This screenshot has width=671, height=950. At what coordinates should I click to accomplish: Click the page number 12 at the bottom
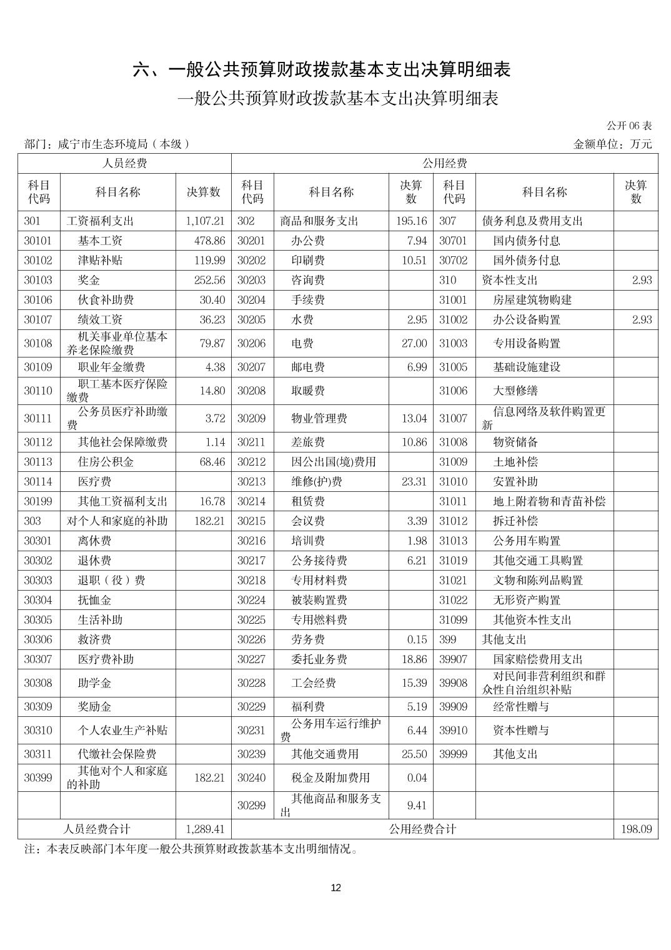click(x=335, y=888)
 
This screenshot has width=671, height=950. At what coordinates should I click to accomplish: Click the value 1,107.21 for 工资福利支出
click(x=205, y=221)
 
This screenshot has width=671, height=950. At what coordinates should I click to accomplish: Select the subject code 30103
click(x=38, y=280)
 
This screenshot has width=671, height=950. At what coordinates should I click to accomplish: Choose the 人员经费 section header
click(x=124, y=164)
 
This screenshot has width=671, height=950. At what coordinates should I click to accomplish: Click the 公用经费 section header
click(x=444, y=164)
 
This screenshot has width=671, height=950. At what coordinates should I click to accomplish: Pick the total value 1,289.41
click(x=205, y=829)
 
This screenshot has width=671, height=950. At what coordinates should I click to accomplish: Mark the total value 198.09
click(x=637, y=829)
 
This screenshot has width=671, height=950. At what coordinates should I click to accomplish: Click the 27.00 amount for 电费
click(x=414, y=343)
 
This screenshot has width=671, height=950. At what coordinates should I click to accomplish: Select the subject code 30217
click(x=251, y=561)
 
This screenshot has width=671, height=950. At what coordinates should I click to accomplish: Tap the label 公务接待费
click(x=319, y=561)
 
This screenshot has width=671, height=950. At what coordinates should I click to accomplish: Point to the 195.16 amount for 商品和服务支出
click(x=412, y=221)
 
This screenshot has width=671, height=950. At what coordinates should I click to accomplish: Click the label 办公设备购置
click(x=527, y=319)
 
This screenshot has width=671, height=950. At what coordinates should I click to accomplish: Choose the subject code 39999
click(x=453, y=754)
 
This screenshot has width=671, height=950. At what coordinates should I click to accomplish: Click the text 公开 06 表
click(x=629, y=126)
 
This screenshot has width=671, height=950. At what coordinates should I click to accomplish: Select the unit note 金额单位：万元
click(x=612, y=144)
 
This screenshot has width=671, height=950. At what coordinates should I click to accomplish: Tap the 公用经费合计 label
click(x=422, y=829)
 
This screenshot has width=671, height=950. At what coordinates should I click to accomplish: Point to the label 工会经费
click(x=314, y=683)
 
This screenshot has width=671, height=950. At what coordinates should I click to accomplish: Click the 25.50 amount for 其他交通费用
click(x=414, y=754)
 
